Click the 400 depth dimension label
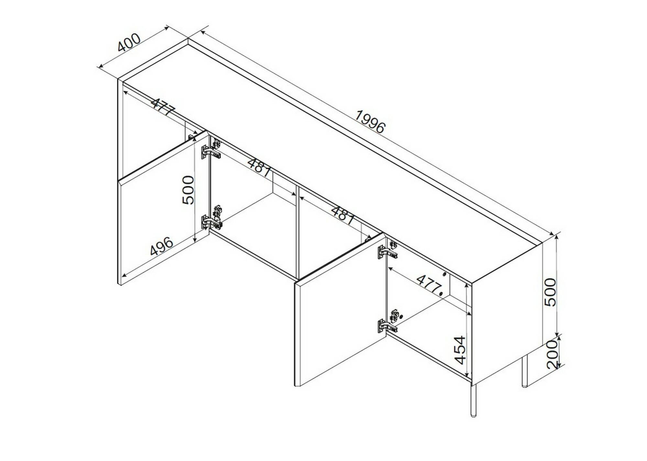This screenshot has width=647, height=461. pos(129,42)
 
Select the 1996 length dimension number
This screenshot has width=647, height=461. pos(370,122)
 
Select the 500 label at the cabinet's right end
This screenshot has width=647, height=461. pos(550,292)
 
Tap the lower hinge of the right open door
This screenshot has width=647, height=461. pos(388,322)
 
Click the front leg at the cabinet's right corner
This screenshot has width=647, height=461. pos(473,401)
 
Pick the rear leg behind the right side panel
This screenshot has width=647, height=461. pos(525,371)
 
